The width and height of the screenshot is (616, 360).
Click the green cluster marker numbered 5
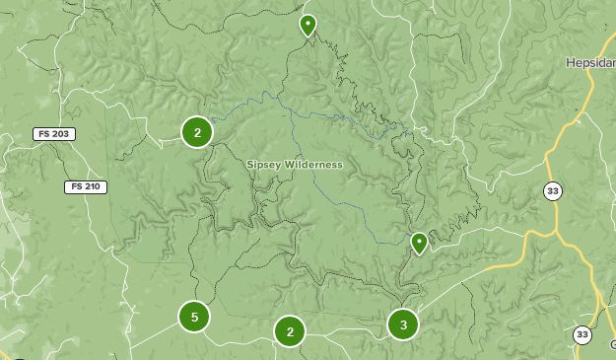(194, 317)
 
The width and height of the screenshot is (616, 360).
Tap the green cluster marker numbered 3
(402, 324)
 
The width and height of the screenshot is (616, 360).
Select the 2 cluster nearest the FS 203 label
(197, 132)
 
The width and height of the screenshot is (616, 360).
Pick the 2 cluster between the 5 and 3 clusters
(289, 332)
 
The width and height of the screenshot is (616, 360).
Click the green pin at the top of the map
(308, 26)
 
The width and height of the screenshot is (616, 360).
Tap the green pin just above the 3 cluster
(419, 243)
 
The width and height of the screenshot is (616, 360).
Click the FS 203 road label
(54, 134)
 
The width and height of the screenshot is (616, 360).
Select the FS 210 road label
(86, 187)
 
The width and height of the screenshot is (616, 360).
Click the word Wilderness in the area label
(313, 165)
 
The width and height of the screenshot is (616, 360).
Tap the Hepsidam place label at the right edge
(590, 62)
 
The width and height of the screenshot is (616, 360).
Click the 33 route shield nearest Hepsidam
(553, 191)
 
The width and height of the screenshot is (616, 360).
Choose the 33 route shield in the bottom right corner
(582, 335)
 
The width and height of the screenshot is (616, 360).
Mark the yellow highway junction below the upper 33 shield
(555, 233)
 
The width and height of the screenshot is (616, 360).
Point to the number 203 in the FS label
(61, 134)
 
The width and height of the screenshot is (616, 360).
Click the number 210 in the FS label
(93, 187)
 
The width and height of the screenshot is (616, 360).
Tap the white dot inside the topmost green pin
(308, 22)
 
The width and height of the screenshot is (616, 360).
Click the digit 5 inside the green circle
(194, 317)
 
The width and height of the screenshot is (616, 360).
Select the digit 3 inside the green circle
(402, 324)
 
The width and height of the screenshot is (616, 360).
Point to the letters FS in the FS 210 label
(75, 187)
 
